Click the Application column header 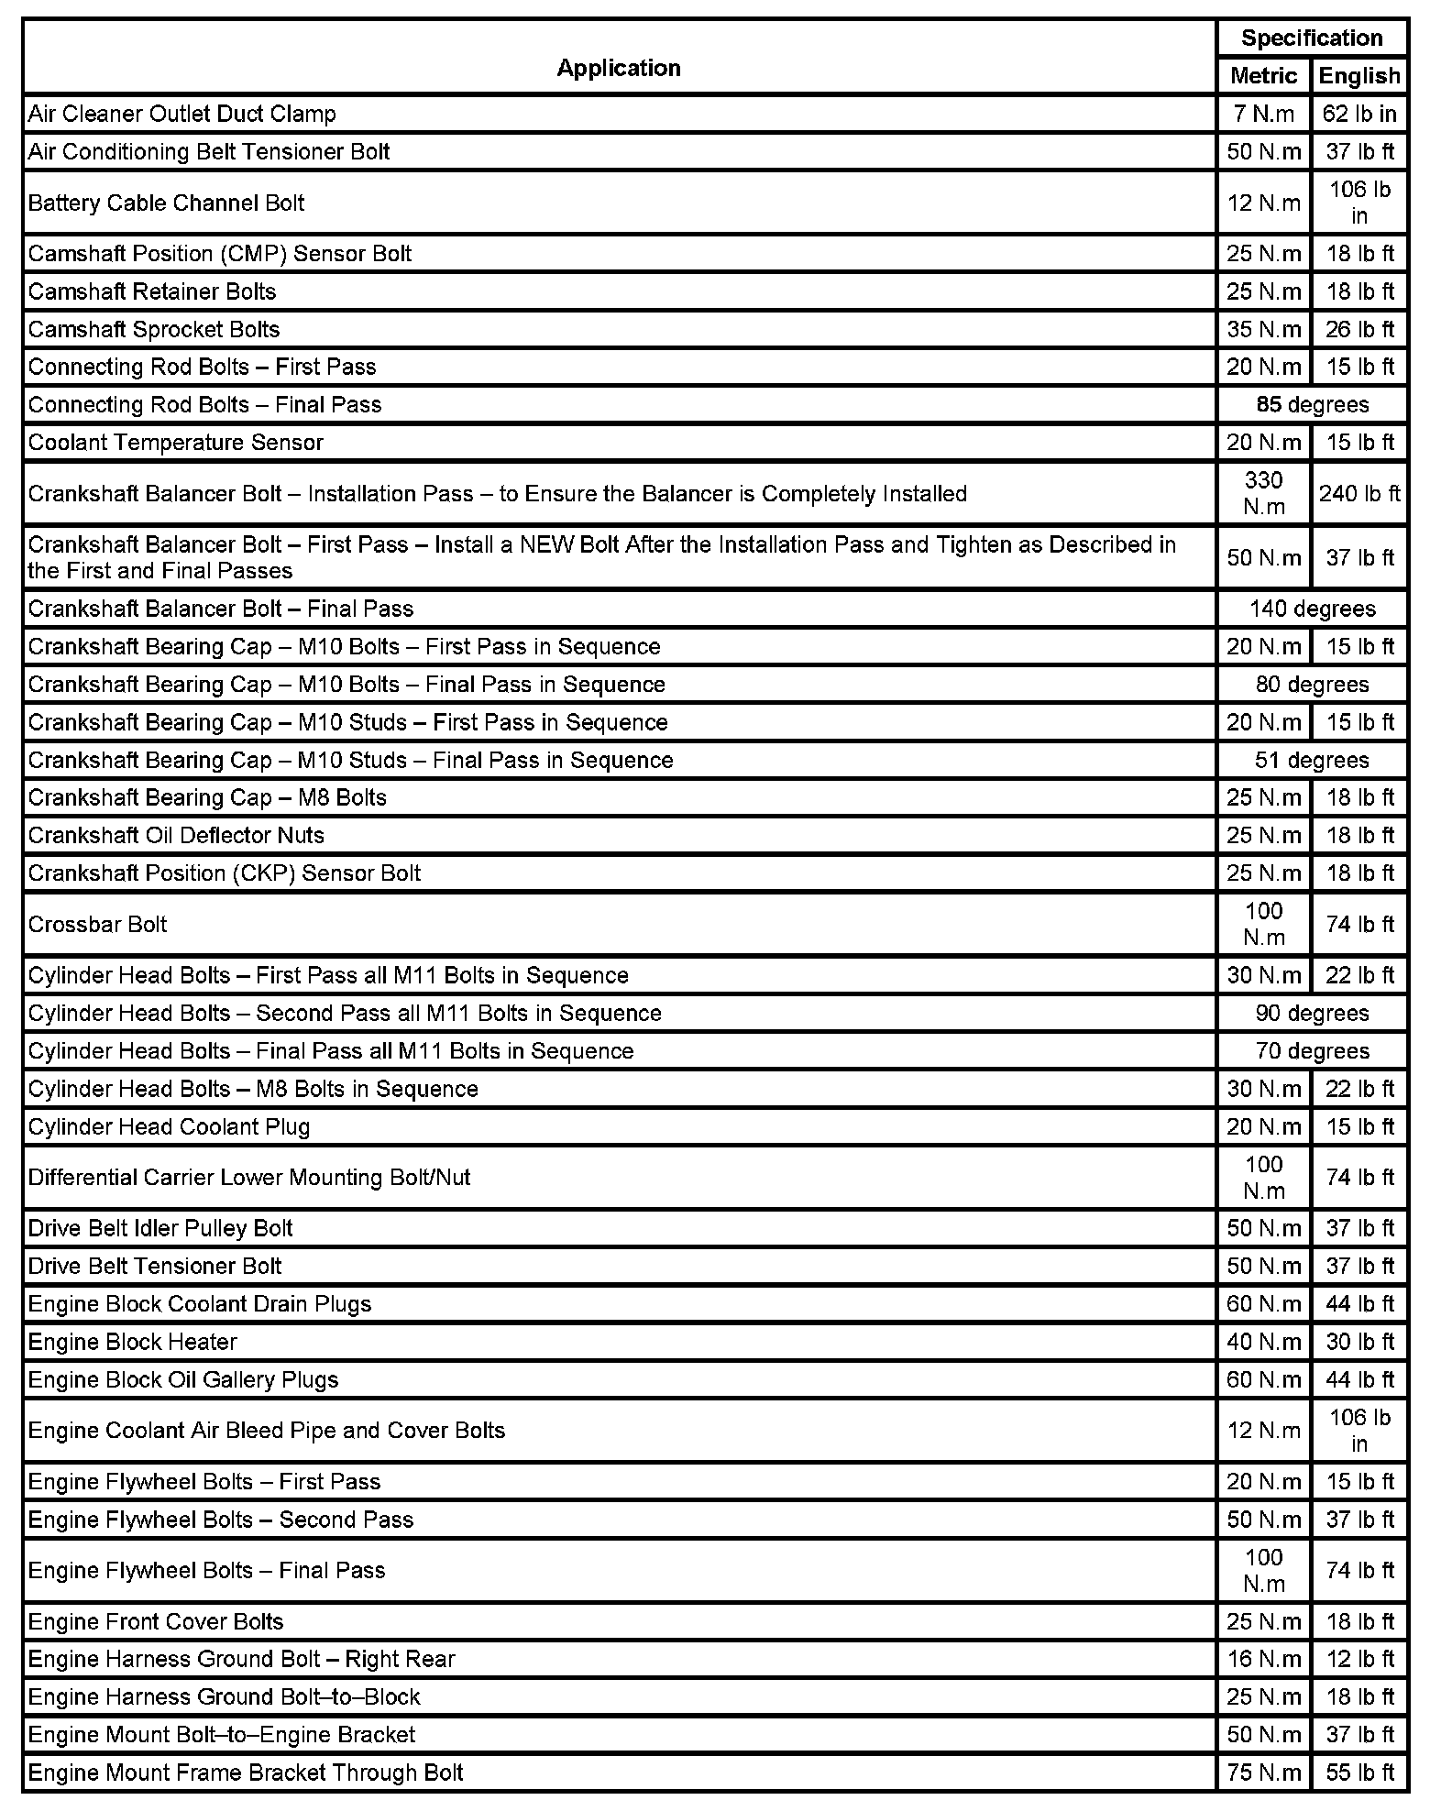tap(619, 68)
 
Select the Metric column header tap(1263, 76)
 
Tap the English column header tap(1359, 76)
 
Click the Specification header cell tap(1312, 38)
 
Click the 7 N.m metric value tap(1263, 114)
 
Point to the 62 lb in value tap(1359, 114)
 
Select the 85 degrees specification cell tap(1312, 405)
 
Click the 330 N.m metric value tap(1263, 493)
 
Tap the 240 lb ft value tap(1359, 494)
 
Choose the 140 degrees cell tap(1312, 609)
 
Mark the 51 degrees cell tap(1312, 761)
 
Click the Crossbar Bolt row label tap(98, 924)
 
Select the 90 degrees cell tap(1312, 1014)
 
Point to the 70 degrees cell tap(1312, 1051)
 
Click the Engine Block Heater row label tap(133, 1342)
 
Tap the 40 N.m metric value tap(1263, 1342)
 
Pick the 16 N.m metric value tap(1263, 1659)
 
